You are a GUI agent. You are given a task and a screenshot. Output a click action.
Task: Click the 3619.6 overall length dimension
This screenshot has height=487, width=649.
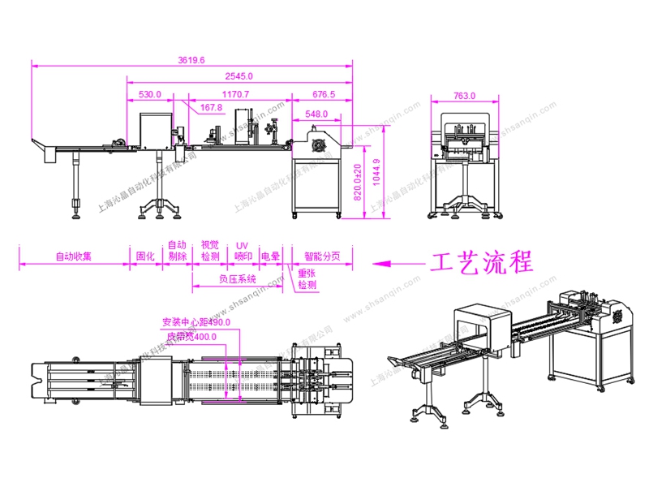pyautogui.click(x=191, y=59)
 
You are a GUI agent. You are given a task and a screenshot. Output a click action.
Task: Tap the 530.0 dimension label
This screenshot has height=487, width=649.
pyautogui.click(x=150, y=94)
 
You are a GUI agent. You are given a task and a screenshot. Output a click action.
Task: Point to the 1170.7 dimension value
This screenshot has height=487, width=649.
pyautogui.click(x=235, y=94)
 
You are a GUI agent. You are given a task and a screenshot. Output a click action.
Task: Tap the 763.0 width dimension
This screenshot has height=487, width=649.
pyautogui.click(x=464, y=96)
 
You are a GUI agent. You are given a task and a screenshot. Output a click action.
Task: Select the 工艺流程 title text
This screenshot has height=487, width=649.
pyautogui.click(x=482, y=262)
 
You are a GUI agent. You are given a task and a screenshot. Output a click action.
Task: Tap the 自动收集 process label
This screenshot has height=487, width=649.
pyautogui.click(x=73, y=256)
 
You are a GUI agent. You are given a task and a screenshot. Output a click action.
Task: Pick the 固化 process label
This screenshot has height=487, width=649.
pyautogui.click(x=145, y=256)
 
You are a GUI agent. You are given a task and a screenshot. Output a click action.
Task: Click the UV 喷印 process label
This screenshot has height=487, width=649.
pyautogui.click(x=243, y=251)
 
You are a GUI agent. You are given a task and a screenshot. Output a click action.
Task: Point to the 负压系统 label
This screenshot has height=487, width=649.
pyautogui.click(x=237, y=278)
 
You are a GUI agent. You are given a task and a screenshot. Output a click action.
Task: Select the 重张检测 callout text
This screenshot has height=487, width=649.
pyautogui.click(x=307, y=279)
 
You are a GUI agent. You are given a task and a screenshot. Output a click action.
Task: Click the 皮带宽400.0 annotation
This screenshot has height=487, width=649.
pyautogui.click(x=191, y=337)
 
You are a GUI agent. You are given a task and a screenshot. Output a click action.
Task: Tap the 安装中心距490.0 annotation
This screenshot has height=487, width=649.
pyautogui.click(x=196, y=321)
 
